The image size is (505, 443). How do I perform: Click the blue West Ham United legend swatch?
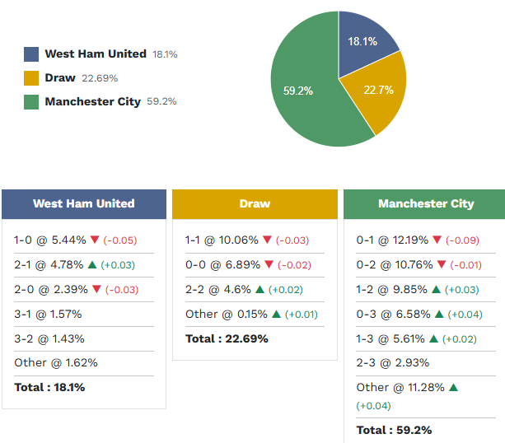[31, 54]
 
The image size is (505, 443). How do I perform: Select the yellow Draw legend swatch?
[31, 78]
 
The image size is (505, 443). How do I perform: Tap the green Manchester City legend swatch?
[31, 102]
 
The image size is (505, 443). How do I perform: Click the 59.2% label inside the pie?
[298, 91]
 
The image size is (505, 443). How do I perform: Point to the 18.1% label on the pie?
[362, 41]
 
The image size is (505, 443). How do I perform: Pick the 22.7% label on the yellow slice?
[377, 90]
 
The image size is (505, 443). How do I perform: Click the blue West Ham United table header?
[83, 203]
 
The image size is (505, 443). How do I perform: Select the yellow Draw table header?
[255, 203]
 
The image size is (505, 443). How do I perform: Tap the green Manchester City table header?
[425, 203]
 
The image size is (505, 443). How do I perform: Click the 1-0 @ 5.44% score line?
[49, 240]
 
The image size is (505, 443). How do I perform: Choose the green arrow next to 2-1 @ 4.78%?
[92, 264]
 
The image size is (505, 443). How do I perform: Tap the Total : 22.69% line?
[227, 338]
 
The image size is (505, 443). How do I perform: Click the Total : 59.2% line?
[394, 430]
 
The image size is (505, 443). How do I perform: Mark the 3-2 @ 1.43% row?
[49, 338]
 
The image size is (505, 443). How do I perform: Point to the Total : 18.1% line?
[49, 387]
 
